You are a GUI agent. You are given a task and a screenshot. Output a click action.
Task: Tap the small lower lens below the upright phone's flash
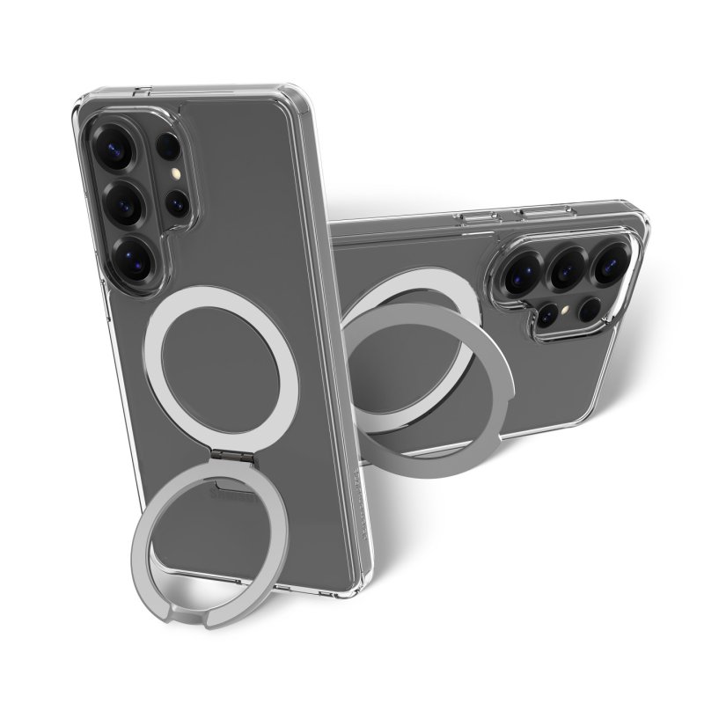[x=179, y=205]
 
